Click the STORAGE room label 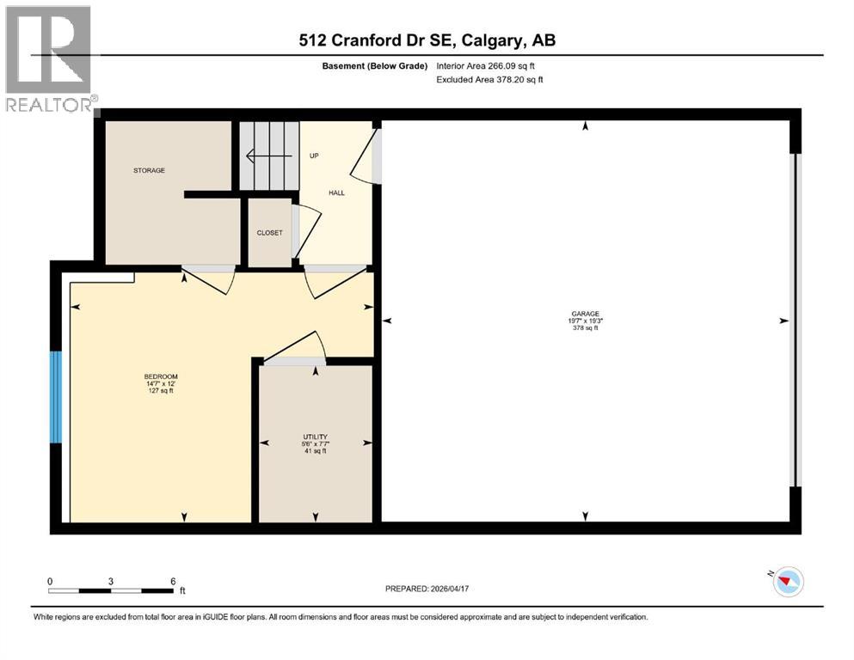click(148, 170)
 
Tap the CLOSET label click(269, 233)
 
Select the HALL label click(336, 192)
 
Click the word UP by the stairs click(314, 156)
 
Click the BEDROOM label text click(161, 377)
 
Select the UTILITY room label click(315, 437)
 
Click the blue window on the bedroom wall click(56, 397)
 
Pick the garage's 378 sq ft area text click(585, 327)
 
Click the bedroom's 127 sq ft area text click(161, 391)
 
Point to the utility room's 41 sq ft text click(315, 450)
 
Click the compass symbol click(788, 582)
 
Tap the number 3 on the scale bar click(111, 581)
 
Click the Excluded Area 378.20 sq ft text click(490, 79)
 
